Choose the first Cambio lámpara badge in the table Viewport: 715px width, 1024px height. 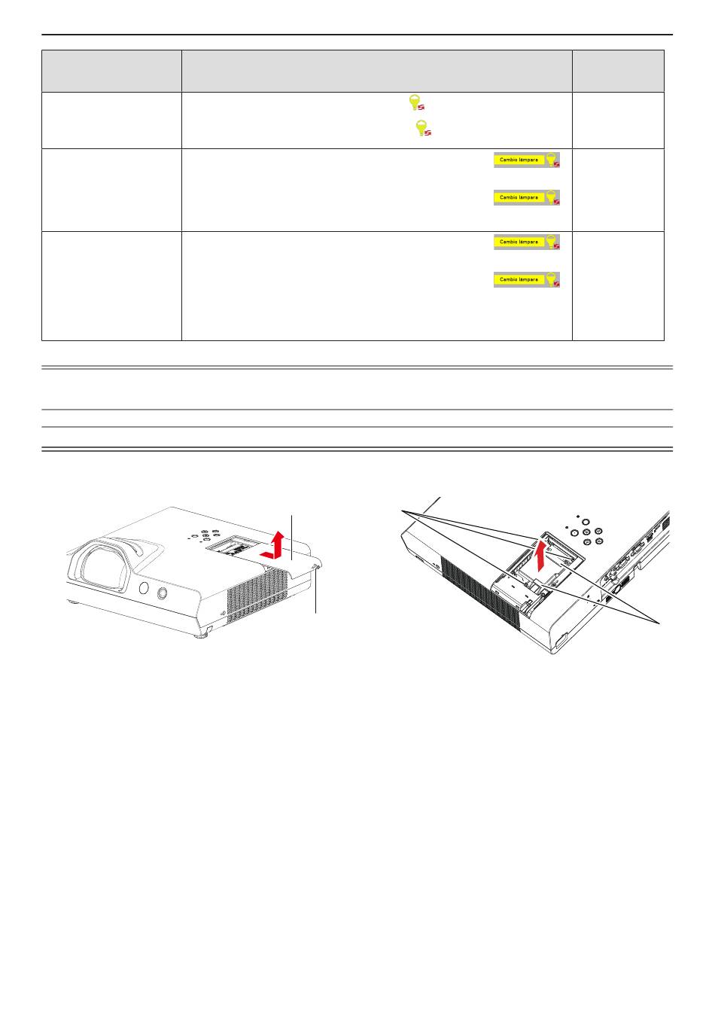pos(527,160)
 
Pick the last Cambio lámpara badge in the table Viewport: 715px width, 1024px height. pos(527,279)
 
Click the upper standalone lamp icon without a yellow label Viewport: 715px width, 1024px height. pos(415,102)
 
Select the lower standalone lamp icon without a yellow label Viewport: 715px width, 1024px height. pos(423,128)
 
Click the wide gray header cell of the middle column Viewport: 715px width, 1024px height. pos(376,71)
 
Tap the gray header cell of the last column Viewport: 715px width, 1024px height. pos(618,71)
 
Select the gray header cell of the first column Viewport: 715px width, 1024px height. pos(111,71)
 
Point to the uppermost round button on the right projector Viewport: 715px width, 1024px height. pos(586,522)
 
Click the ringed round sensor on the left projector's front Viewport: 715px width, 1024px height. pos(161,593)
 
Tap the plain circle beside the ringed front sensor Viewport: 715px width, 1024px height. pos(144,588)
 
